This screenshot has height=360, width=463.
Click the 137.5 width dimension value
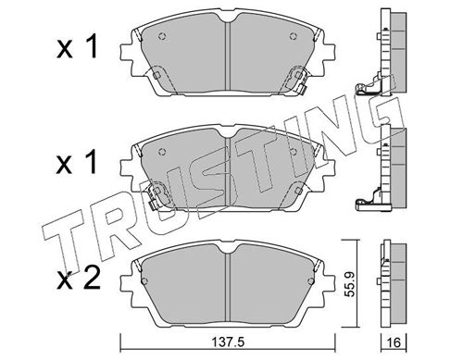[228, 342]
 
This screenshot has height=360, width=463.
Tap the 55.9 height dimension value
[350, 284]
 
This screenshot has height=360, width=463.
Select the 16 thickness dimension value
[394, 342]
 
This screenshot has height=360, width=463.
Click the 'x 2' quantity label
[79, 279]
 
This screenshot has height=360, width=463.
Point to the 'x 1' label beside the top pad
[77, 46]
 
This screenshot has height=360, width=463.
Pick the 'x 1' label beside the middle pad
[77, 162]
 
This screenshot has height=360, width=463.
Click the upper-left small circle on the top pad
[162, 36]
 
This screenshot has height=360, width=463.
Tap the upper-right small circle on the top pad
[294, 36]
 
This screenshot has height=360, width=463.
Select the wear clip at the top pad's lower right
[297, 80]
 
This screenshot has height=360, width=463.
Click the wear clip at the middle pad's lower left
[158, 196]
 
